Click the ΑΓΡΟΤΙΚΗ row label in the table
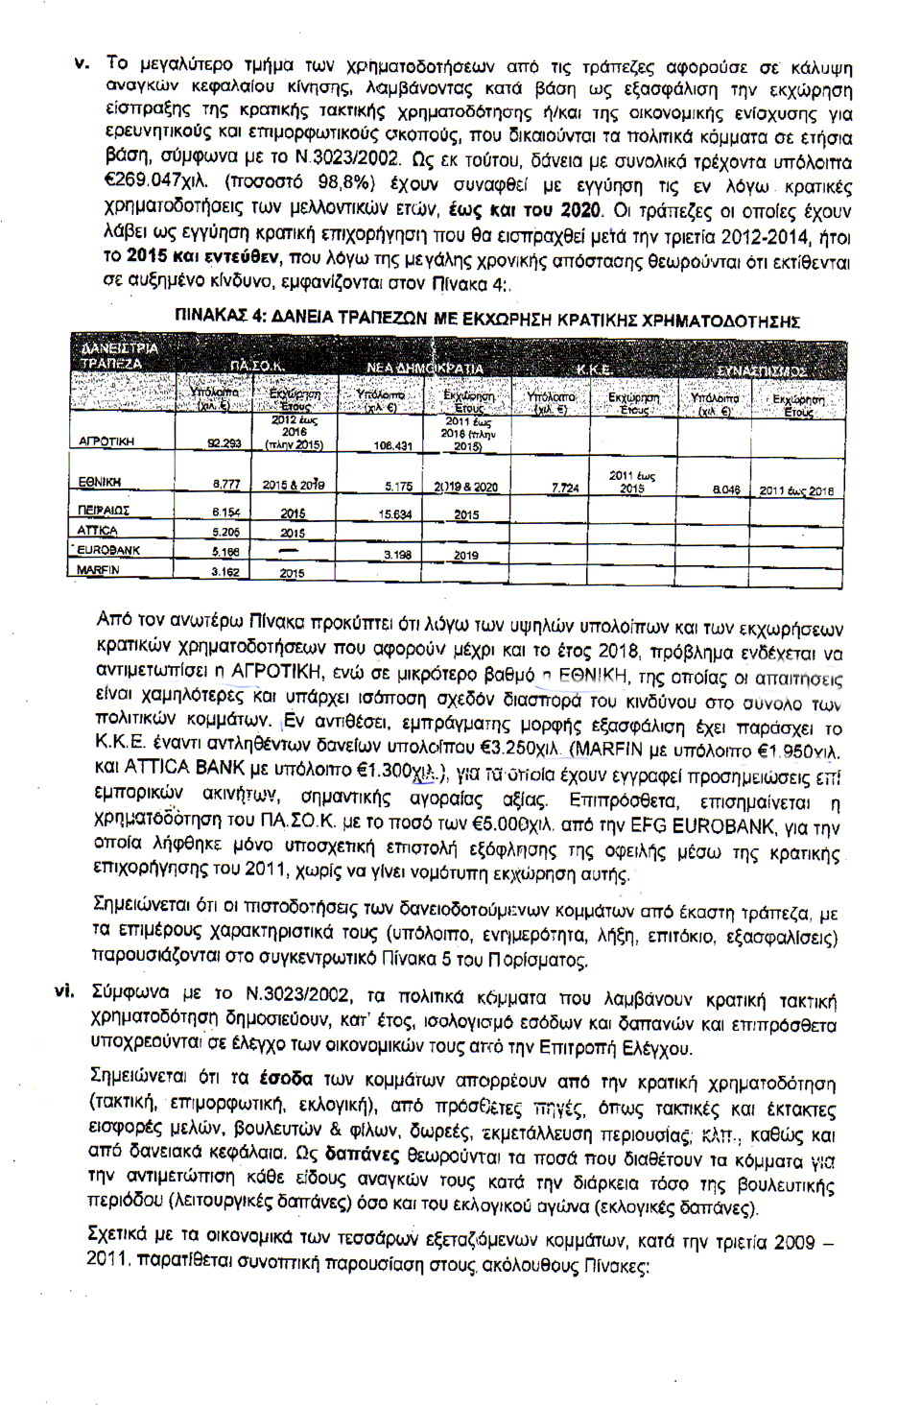(106, 441)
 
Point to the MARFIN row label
(100, 570)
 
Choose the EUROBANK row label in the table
(108, 551)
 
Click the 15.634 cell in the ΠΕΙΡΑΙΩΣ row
(394, 514)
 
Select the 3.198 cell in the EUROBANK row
(396, 555)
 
